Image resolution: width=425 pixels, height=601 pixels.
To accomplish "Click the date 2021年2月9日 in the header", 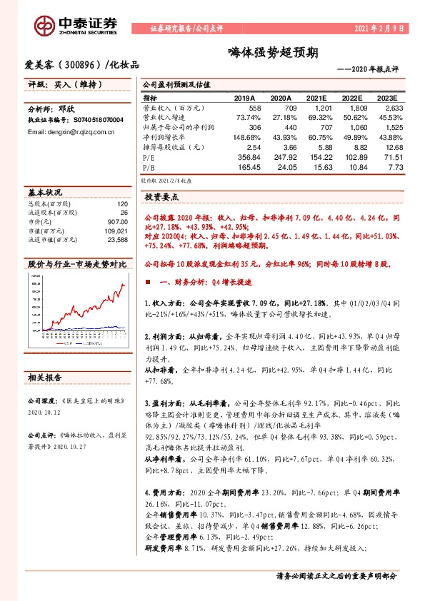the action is [380, 29].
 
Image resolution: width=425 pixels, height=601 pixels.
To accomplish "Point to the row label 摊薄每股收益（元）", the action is [173, 146].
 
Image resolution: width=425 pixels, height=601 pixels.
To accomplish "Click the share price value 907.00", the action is [117, 222].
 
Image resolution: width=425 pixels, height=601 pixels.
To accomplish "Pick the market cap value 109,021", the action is [116, 231].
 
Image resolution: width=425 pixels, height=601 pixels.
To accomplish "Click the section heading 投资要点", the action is [161, 196].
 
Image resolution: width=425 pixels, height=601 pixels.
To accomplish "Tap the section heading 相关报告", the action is [45, 375].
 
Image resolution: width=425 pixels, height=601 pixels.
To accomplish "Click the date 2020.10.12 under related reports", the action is [44, 412].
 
